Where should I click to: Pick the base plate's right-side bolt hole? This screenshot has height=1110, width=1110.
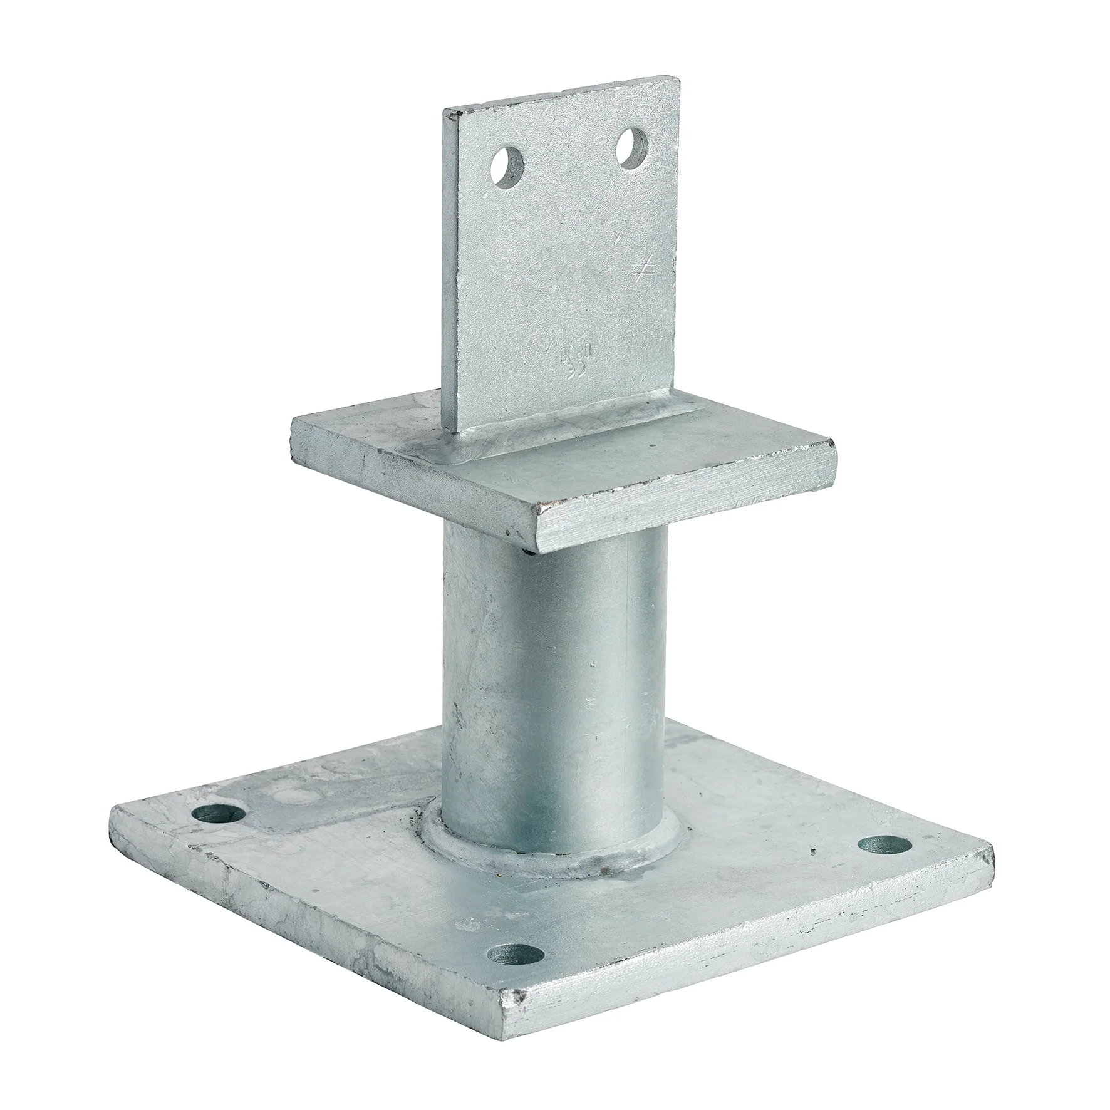(x=884, y=846)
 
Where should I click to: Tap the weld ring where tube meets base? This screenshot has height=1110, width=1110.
(x=551, y=864)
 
